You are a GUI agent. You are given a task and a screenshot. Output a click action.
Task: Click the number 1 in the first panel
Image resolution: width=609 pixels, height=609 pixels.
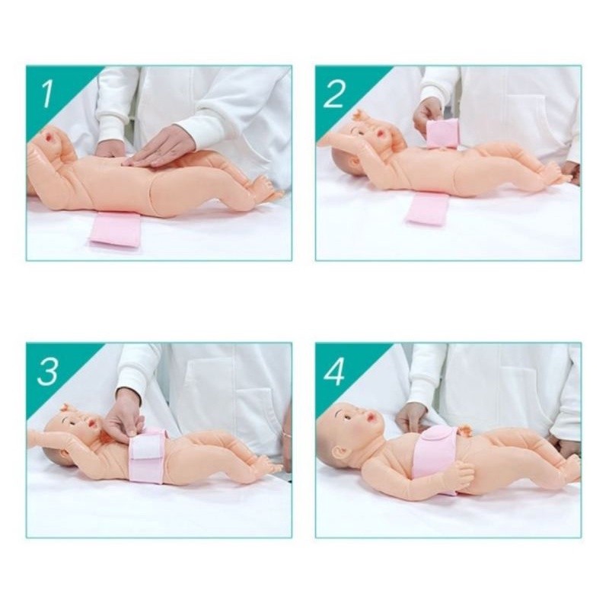click(47, 94)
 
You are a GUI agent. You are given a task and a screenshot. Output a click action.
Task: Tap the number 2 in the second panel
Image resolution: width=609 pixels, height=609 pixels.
click(334, 94)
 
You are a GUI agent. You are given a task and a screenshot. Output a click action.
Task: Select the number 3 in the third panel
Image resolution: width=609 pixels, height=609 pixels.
click(47, 371)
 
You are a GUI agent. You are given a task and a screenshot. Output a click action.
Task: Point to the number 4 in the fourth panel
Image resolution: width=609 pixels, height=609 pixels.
click(335, 371)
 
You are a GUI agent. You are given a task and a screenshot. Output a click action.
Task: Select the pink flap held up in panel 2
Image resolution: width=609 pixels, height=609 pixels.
click(442, 132)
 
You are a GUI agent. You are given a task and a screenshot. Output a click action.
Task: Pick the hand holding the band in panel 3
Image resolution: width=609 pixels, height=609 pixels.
click(123, 415)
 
